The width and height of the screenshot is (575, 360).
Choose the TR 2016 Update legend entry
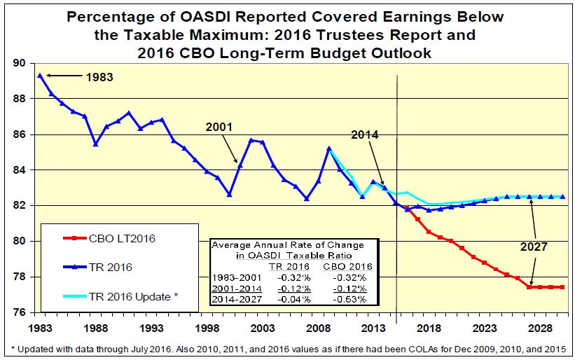pyautogui.click(x=131, y=297)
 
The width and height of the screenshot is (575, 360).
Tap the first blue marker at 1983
pyautogui.click(x=40, y=76)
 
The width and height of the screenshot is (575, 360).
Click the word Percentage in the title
pyautogui.click(x=110, y=17)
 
